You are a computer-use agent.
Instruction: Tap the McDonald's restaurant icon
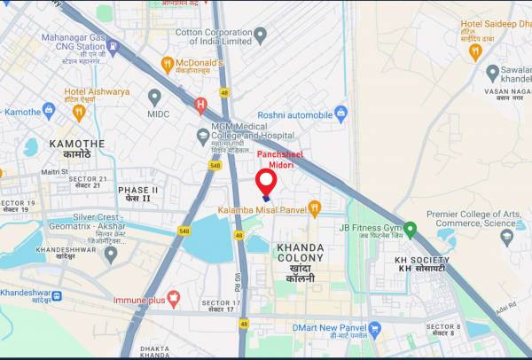point(167,64)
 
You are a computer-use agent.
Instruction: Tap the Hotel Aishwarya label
point(97,91)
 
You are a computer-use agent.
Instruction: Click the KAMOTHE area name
point(76,144)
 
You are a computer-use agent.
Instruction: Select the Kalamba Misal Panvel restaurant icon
point(314,209)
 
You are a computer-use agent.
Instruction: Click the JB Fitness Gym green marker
point(410,228)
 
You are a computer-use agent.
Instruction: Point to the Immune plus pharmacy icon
point(173,301)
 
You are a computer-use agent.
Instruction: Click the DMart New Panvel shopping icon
point(374,330)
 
